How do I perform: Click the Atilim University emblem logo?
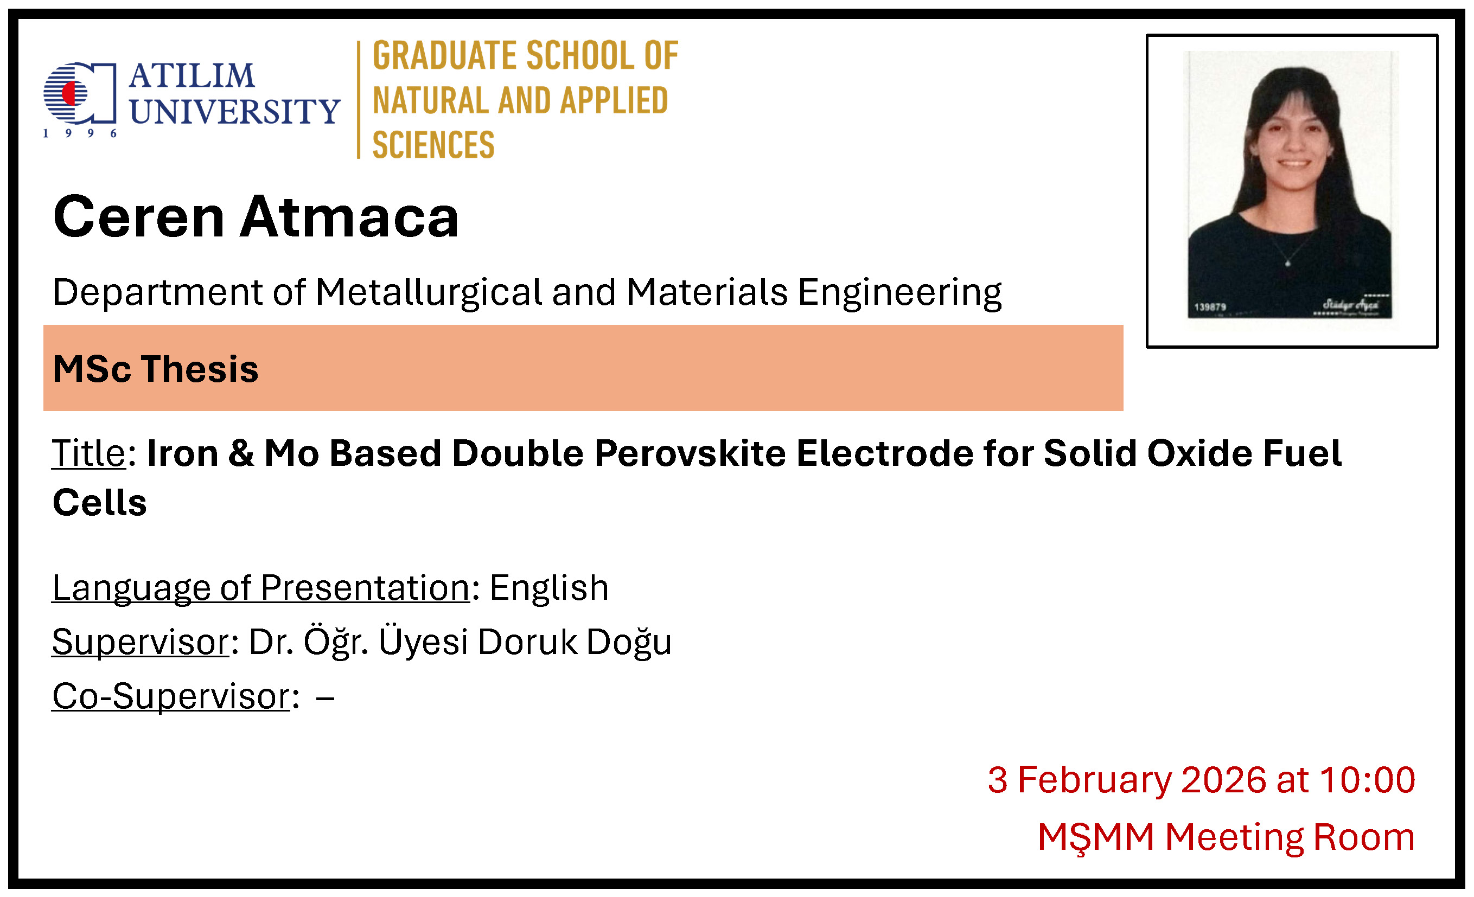80,93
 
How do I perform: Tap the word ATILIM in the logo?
192,75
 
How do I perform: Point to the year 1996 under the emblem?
80,133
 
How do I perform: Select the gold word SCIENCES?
433,145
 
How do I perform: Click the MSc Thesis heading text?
156,368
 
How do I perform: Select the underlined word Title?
88,453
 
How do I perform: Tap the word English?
549,587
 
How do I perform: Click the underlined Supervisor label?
141,642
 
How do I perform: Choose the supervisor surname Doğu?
629,642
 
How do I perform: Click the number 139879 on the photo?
1210,307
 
